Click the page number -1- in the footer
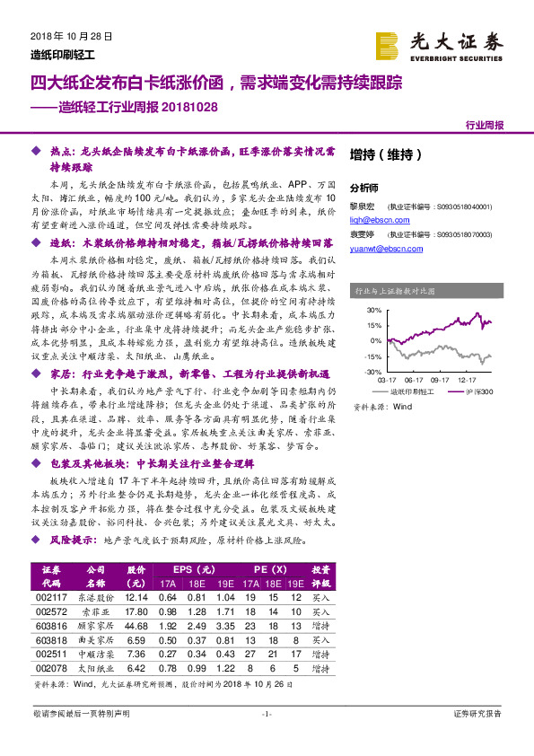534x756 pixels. (x=266, y=714)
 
